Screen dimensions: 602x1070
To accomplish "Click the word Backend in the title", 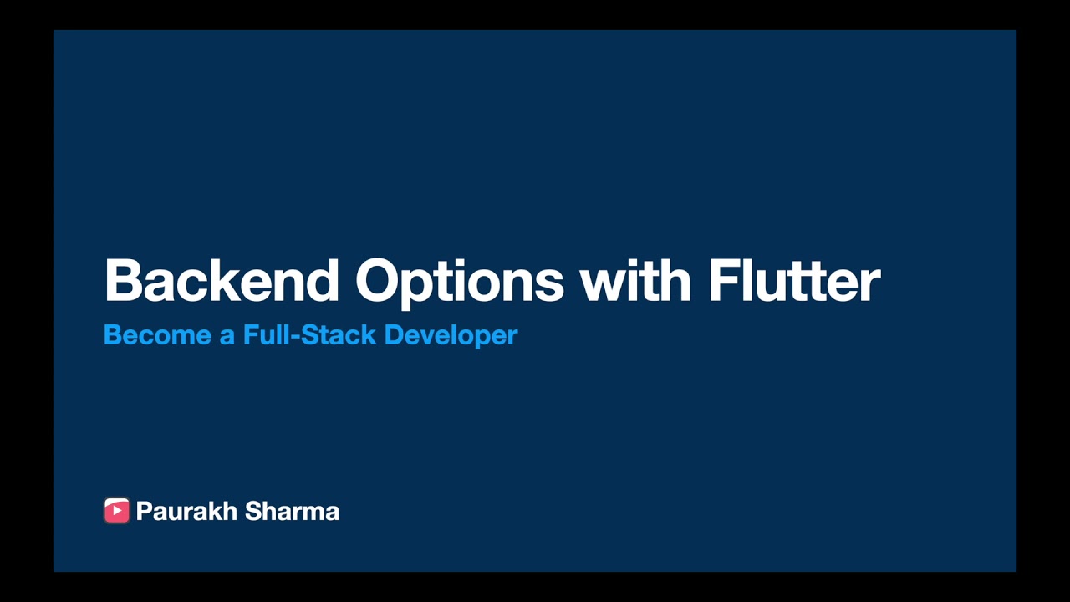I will (222, 281).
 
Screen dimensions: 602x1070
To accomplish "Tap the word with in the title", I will (635, 281).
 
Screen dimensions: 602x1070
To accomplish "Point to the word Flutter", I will (794, 281).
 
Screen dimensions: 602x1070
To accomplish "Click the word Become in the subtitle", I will (157, 335).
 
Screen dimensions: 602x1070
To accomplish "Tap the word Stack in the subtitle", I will (338, 335).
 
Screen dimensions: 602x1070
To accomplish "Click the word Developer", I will (451, 336).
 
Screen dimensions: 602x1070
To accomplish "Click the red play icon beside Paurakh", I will (116, 511).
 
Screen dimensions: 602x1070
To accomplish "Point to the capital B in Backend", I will (122, 281).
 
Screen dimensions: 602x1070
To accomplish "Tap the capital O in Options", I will (380, 281).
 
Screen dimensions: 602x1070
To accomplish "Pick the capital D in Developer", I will (393, 335).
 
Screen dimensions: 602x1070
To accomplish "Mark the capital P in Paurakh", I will (143, 512).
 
